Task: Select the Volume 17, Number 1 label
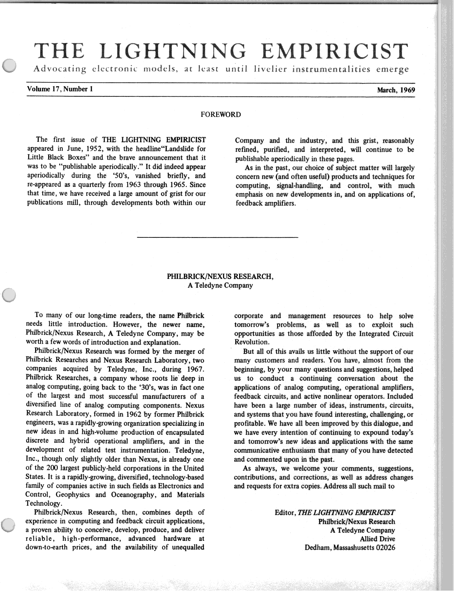click(60, 89)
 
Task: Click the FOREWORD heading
click(221, 115)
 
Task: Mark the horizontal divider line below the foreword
click(218, 237)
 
